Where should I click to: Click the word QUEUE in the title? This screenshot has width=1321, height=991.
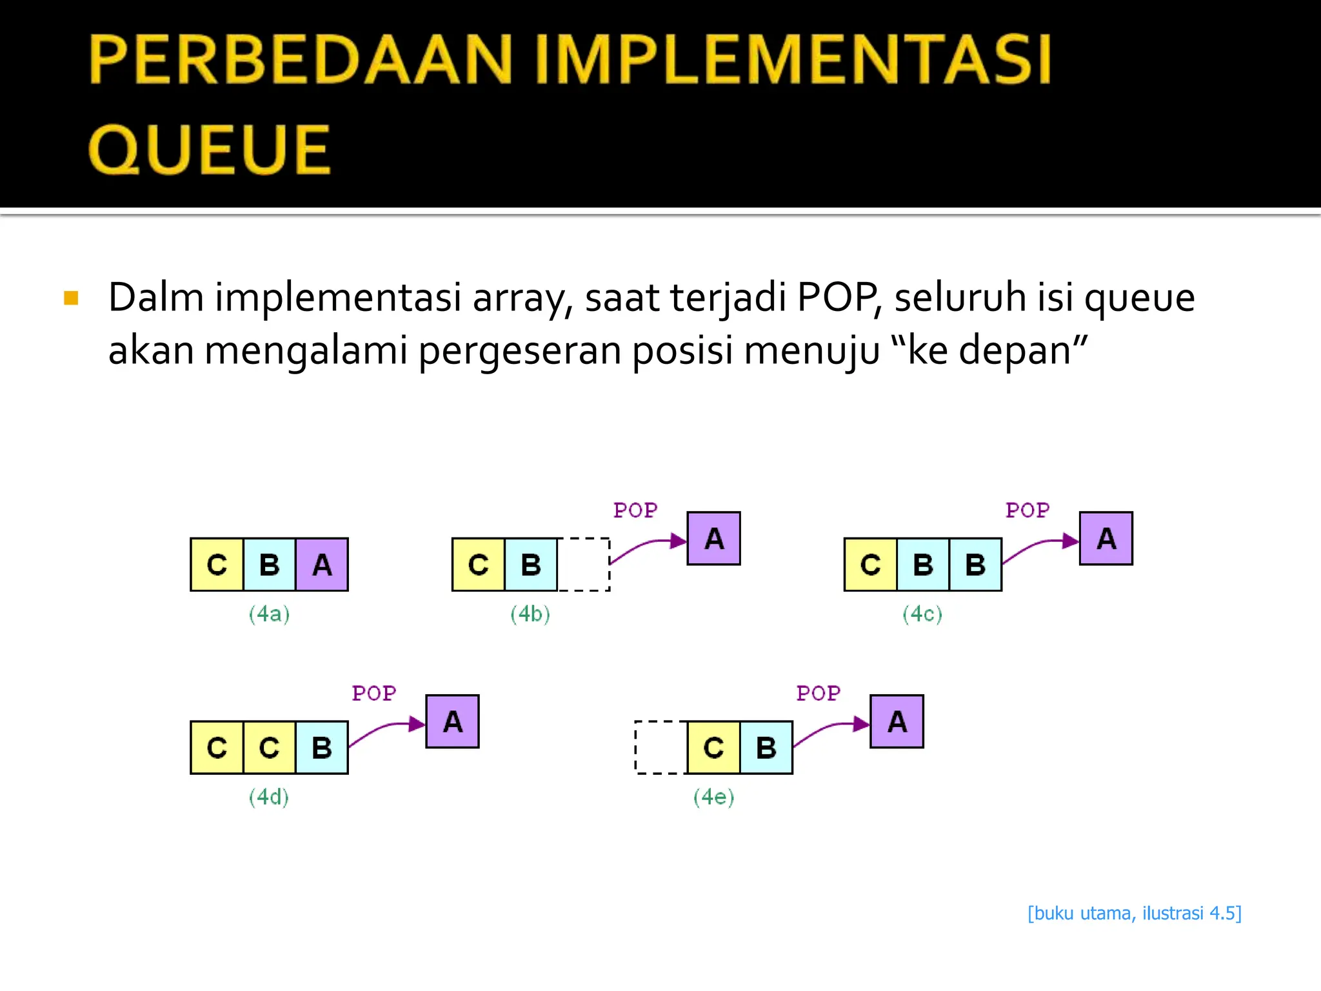(209, 150)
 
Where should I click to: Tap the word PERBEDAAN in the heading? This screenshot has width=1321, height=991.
(301, 59)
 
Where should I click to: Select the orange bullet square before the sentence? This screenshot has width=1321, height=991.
(71, 298)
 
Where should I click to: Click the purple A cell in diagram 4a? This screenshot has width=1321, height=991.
(322, 565)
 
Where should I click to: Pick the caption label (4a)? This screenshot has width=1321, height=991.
(269, 614)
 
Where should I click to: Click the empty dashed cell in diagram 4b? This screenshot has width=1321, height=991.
(584, 565)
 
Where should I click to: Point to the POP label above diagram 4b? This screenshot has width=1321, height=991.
(635, 510)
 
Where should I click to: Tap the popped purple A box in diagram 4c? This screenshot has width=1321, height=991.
(1106, 539)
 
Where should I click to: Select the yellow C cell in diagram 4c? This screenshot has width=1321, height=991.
(871, 565)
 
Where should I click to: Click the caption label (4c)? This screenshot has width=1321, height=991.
(922, 614)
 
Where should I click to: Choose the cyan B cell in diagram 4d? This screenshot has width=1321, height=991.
(322, 748)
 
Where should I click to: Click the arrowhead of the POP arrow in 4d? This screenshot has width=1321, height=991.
(417, 724)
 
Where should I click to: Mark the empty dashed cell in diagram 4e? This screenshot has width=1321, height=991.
(661, 748)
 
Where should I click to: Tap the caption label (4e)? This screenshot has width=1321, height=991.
(713, 797)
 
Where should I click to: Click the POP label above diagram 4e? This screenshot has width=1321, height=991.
(818, 694)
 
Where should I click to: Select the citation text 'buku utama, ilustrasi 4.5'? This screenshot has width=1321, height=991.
(1135, 914)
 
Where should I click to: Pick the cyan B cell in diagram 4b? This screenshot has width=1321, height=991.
(531, 565)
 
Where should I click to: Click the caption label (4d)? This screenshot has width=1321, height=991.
(269, 797)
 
